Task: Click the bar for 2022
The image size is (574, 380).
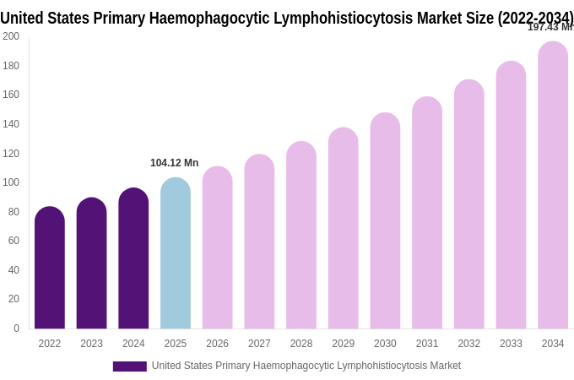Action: click(x=50, y=268)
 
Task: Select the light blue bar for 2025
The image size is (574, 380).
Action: click(x=176, y=253)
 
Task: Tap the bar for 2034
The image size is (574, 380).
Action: click(x=553, y=185)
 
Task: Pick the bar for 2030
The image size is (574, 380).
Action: click(x=385, y=220)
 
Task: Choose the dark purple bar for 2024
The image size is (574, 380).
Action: click(x=133, y=258)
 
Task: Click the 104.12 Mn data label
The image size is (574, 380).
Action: click(x=175, y=163)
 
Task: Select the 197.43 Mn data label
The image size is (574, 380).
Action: click(x=550, y=27)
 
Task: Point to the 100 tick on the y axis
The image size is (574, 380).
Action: click(x=11, y=182)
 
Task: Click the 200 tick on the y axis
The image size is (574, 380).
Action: click(x=11, y=36)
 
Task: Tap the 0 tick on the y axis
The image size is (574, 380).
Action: click(x=16, y=328)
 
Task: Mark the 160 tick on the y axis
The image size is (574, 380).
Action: click(x=11, y=95)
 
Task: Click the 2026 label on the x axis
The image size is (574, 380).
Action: click(x=218, y=344)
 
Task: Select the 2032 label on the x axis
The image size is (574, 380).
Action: click(x=469, y=344)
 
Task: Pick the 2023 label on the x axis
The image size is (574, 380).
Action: click(x=91, y=344)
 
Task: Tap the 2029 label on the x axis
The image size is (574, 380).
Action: click(x=344, y=344)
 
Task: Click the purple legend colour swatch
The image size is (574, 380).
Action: click(x=129, y=366)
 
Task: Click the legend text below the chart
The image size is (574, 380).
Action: click(x=306, y=366)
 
